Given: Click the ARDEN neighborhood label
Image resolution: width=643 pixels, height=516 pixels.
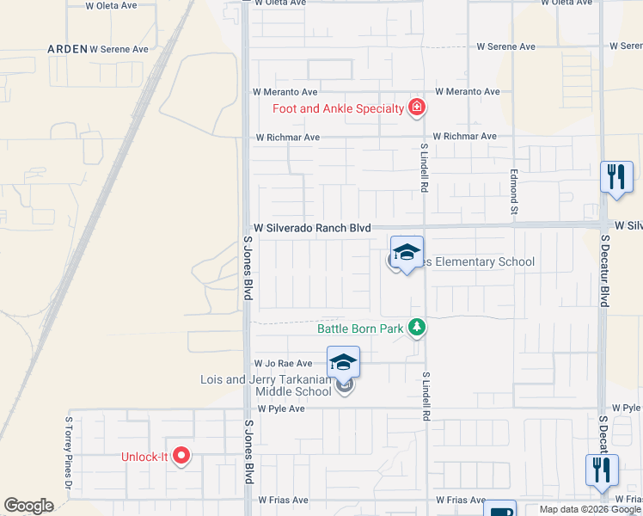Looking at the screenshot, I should (67, 49).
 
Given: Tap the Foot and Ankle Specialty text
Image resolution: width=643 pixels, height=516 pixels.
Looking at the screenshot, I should (338, 108).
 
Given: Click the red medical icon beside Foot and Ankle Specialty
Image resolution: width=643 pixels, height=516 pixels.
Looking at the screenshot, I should (417, 107).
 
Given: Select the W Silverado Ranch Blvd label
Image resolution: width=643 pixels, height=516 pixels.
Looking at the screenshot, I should (311, 228).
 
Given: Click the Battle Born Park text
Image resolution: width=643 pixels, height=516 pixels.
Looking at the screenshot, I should (361, 328).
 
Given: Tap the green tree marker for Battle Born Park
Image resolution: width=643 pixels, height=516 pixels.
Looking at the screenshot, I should (417, 327).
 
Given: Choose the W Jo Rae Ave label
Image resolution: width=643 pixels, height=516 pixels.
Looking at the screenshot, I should (282, 364).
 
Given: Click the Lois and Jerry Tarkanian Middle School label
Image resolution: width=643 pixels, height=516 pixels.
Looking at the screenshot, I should (266, 385).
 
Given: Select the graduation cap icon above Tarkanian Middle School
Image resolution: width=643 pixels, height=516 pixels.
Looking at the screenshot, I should (343, 362).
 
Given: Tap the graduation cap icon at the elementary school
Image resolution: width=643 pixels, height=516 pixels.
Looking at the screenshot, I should (407, 251).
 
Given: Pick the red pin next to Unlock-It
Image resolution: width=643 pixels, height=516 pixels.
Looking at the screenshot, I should (181, 456).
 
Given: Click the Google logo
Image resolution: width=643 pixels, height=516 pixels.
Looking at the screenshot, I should (28, 506).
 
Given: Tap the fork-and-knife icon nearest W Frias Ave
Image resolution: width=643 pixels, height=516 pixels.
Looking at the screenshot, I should (602, 470).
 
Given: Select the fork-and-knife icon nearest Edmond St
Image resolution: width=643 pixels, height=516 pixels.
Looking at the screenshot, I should (615, 177).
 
